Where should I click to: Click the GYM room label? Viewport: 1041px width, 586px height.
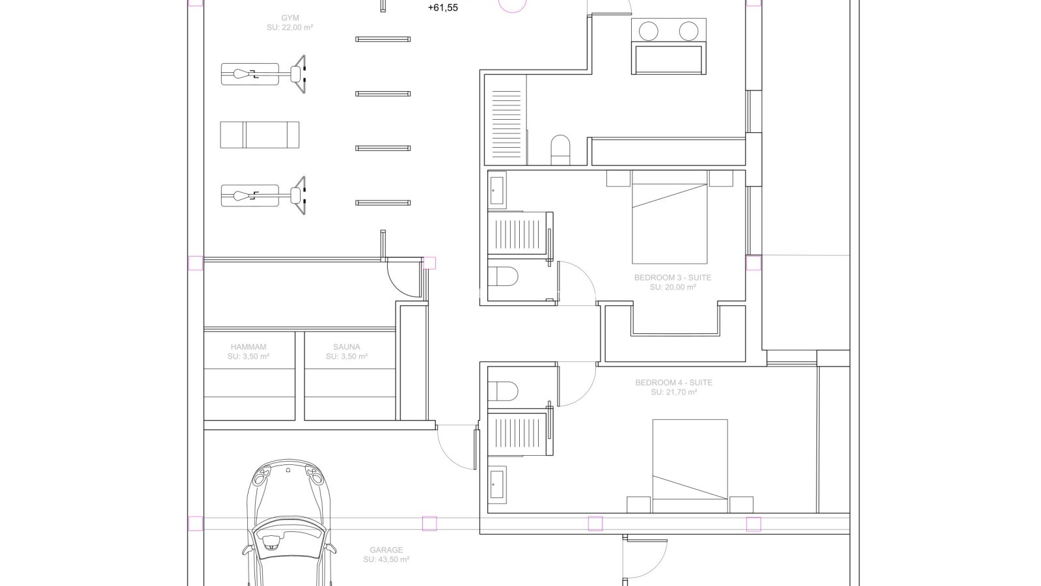(x=290, y=18)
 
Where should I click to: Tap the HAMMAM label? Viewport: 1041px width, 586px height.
(x=249, y=347)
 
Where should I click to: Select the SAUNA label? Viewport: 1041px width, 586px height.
(x=347, y=347)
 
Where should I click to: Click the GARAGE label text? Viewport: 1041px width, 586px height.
(x=386, y=550)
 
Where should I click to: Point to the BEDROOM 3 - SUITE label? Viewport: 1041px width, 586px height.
(x=673, y=277)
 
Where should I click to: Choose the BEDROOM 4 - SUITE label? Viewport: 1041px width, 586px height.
(x=674, y=383)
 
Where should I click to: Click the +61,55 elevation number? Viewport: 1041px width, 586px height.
(x=443, y=8)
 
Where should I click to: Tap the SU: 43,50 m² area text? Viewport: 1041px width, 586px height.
(x=386, y=560)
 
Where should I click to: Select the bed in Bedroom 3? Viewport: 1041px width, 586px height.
(x=669, y=217)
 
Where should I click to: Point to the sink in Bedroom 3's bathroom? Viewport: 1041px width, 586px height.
(x=497, y=190)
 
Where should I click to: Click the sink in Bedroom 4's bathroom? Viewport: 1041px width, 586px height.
(x=497, y=485)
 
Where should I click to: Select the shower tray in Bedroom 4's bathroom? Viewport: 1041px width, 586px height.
(x=517, y=434)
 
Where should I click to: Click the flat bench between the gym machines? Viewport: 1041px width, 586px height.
(x=260, y=135)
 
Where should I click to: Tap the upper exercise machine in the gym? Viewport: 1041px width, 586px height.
(x=263, y=74)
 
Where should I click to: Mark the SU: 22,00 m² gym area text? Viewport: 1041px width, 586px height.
(x=290, y=28)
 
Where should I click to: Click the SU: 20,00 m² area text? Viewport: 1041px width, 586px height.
(x=673, y=287)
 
